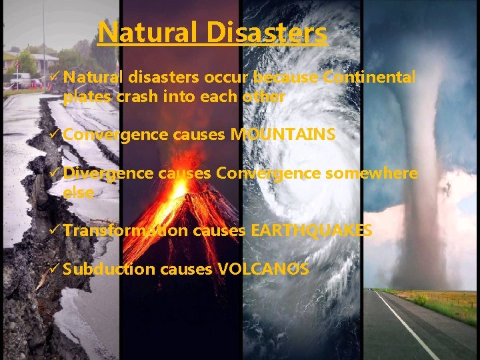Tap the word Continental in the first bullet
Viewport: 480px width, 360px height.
(x=369, y=78)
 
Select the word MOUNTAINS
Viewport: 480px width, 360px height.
(x=283, y=135)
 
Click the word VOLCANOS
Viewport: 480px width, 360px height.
(x=263, y=269)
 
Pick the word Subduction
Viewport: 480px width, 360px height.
(x=109, y=269)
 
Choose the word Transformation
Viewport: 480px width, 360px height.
(x=126, y=231)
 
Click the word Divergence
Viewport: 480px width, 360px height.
(x=109, y=173)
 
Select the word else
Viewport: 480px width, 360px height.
(x=78, y=192)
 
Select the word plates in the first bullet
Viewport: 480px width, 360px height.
(x=88, y=97)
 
